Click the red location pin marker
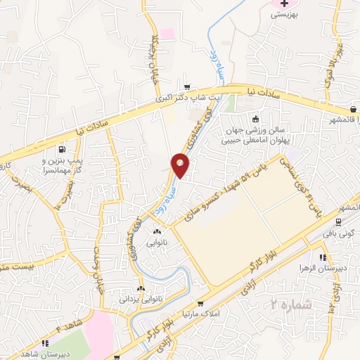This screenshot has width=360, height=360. point(181,165)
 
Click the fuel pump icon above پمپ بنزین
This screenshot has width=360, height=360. point(62,149)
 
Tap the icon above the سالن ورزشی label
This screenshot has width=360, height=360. point(255,119)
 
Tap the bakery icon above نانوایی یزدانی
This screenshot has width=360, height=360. point(141,288)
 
